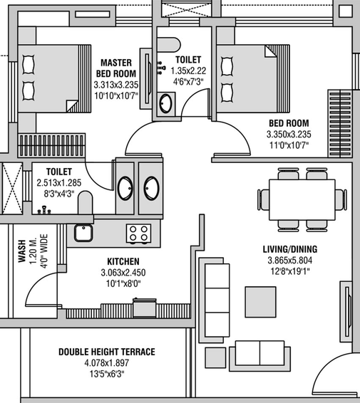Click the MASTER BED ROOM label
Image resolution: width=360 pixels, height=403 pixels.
click(116, 68)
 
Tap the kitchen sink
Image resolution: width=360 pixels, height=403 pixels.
click(83, 233)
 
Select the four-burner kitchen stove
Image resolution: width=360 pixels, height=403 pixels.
click(139, 234)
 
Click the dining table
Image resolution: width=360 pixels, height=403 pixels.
click(302, 199)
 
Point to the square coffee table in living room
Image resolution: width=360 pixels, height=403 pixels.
click(260, 302)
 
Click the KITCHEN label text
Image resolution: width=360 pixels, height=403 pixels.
click(123, 261)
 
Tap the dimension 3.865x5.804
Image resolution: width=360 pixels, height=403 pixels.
click(289, 261)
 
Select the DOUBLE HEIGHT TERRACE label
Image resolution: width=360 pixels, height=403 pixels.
click(107, 352)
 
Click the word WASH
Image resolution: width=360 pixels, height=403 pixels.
click(22, 251)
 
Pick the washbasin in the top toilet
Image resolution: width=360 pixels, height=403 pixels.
click(165, 103)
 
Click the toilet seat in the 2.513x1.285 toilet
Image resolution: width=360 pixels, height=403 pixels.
click(85, 202)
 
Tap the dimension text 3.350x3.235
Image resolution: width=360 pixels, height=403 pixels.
click(289, 135)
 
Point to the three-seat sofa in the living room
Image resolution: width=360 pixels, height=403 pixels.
click(215, 300)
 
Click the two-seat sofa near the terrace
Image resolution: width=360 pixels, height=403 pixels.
click(260, 356)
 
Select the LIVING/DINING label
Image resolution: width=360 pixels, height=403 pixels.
click(290, 249)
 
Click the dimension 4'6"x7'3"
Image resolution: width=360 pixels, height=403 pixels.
click(188, 82)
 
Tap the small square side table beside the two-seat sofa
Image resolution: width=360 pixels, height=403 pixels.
click(215, 358)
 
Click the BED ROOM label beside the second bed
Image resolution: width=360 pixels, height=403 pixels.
click(289, 123)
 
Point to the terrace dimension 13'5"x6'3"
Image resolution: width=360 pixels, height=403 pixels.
click(107, 374)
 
